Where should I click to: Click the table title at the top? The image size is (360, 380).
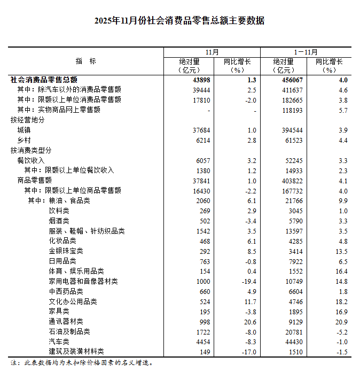[179, 21]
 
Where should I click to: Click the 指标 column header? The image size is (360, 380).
[85, 61]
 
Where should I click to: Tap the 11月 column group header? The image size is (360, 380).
[212, 52]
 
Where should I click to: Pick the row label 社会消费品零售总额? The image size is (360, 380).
[44, 80]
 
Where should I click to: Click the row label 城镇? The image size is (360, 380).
[24, 130]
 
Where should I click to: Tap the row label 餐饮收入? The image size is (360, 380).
[31, 160]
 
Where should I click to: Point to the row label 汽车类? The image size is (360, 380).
[59, 342]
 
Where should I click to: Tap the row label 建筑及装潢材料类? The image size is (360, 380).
[76, 352]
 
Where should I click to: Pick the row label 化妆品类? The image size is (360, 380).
[62, 241]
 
